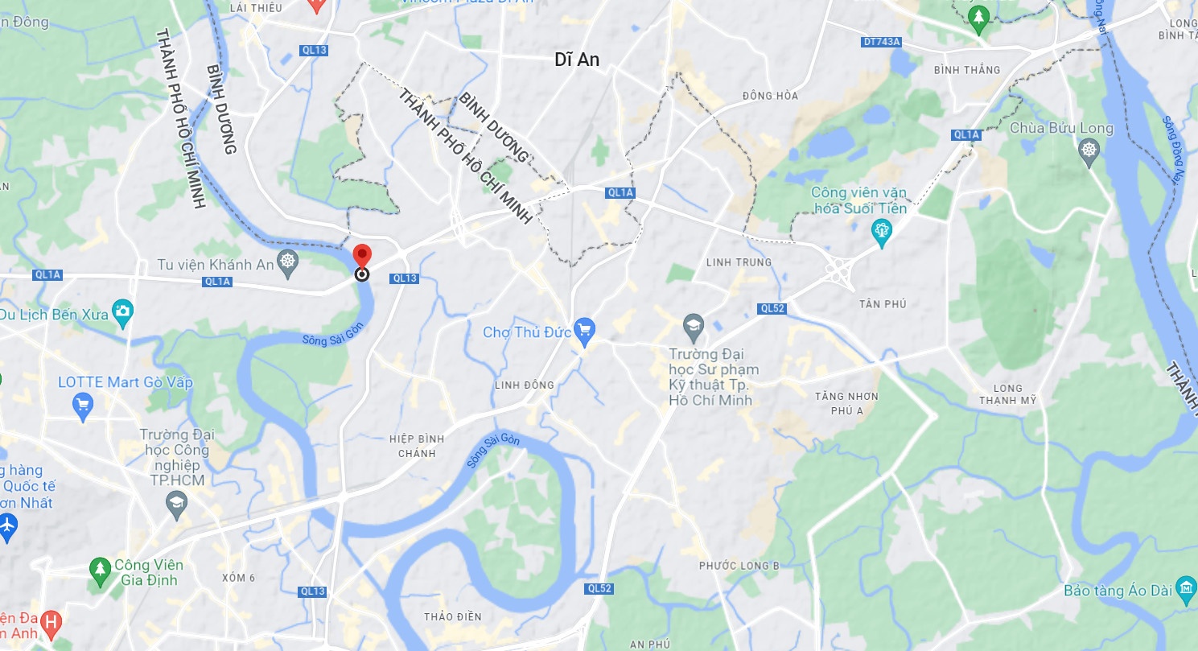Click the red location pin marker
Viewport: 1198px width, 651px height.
362,255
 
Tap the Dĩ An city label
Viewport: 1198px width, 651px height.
577,60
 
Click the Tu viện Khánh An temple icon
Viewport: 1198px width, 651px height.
287,261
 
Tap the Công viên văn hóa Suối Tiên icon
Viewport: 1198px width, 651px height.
882,232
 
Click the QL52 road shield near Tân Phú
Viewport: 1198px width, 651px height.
771,308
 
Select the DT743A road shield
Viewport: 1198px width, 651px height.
881,41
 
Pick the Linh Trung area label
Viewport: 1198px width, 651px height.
738,262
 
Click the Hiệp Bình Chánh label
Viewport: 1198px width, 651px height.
417,446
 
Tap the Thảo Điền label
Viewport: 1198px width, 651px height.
452,616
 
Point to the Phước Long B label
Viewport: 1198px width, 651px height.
739,566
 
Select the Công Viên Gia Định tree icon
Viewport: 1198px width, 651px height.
99,570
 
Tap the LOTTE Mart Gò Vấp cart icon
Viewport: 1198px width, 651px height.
82,406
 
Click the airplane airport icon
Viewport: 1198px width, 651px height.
7,525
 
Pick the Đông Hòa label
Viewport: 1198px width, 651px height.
770,96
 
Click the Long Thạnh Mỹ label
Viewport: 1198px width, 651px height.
1008,393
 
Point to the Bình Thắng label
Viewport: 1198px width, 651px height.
967,70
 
